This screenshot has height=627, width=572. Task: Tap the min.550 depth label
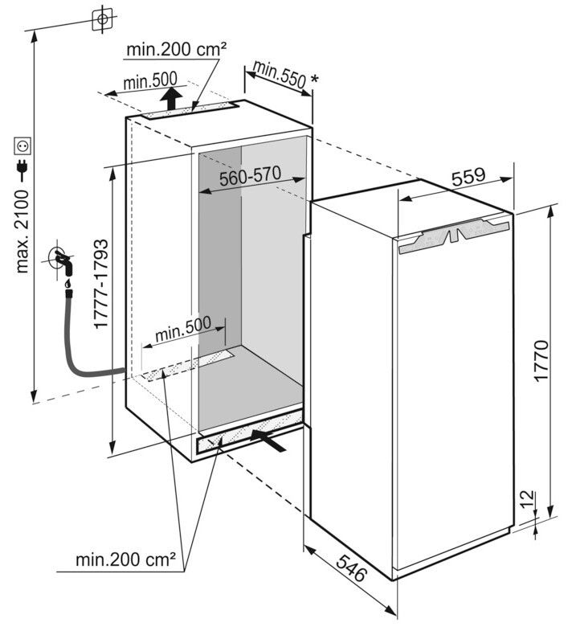(276, 76)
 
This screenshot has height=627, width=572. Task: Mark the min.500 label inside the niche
(183, 328)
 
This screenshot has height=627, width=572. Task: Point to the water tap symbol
(63, 261)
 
